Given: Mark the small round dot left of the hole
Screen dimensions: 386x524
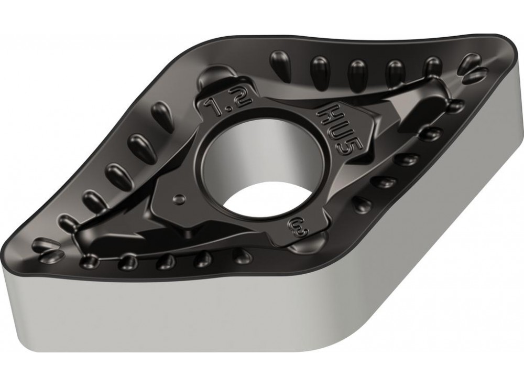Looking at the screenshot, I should click(179, 199).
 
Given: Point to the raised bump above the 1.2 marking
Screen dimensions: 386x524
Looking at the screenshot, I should click(215, 73).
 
